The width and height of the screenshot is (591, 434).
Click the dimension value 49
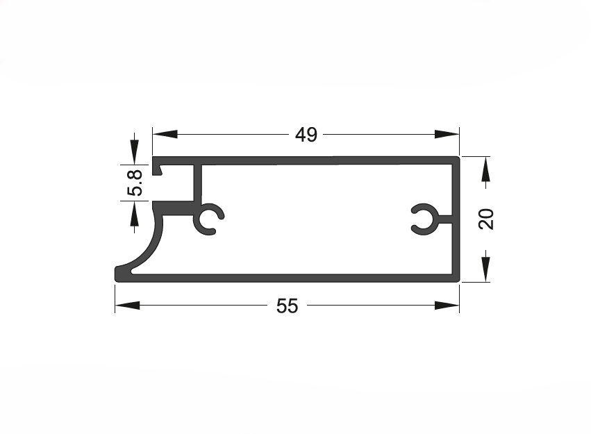click(x=306, y=135)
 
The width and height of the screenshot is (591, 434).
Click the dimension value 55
click(x=288, y=306)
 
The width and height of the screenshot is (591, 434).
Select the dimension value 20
click(x=486, y=219)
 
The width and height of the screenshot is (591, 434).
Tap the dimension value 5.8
click(x=135, y=183)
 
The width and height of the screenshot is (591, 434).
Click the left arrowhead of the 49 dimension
click(x=165, y=134)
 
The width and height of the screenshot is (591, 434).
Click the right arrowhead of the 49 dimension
click(x=447, y=134)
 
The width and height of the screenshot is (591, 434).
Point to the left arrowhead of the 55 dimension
click(x=127, y=305)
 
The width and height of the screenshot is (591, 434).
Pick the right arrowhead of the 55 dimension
click(x=447, y=305)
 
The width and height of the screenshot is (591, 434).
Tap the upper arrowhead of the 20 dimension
click(x=486, y=169)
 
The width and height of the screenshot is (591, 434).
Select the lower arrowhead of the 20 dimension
click(x=486, y=269)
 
